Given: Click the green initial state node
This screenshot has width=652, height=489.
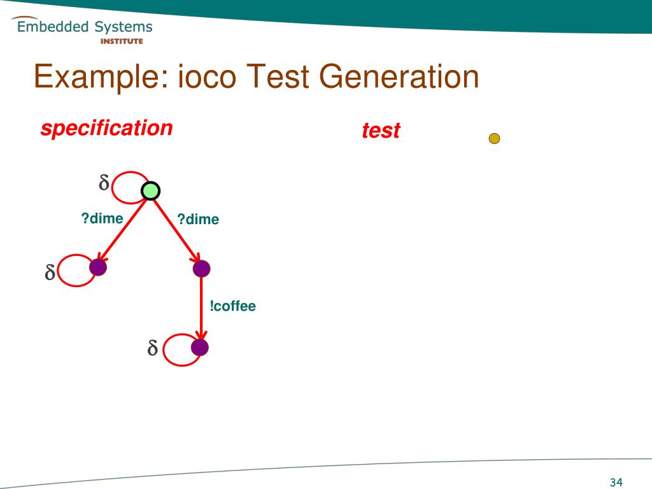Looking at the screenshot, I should click(x=150, y=190).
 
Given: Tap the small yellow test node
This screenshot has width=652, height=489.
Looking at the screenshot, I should click(x=494, y=138).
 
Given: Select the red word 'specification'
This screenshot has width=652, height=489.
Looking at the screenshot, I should click(x=106, y=128).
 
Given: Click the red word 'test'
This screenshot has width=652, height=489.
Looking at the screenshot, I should click(x=381, y=131).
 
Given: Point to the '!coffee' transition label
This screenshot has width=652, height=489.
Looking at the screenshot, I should click(x=232, y=306).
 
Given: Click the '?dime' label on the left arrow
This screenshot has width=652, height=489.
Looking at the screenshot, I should click(x=102, y=219).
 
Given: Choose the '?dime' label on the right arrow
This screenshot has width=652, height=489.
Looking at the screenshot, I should click(x=198, y=220).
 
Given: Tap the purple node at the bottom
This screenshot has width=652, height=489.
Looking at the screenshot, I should click(x=200, y=348).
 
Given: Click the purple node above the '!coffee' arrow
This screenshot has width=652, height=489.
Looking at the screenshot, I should click(x=201, y=269).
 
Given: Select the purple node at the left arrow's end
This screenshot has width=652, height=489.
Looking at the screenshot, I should click(x=98, y=267).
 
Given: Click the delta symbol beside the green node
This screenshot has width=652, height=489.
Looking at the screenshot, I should click(x=103, y=184).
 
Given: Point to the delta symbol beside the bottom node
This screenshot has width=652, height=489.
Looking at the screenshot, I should click(x=152, y=349).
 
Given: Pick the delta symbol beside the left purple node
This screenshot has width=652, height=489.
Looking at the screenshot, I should click(x=49, y=274).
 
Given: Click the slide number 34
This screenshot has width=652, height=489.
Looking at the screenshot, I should click(x=616, y=482).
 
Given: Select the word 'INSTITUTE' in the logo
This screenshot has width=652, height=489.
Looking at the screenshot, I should click(x=122, y=41).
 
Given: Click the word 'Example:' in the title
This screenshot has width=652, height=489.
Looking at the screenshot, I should click(x=100, y=78).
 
